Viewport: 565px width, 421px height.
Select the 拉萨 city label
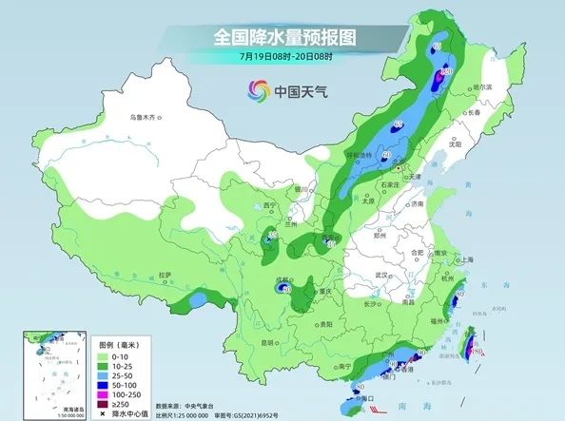[166, 275]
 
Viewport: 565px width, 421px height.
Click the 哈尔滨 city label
[487, 86]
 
